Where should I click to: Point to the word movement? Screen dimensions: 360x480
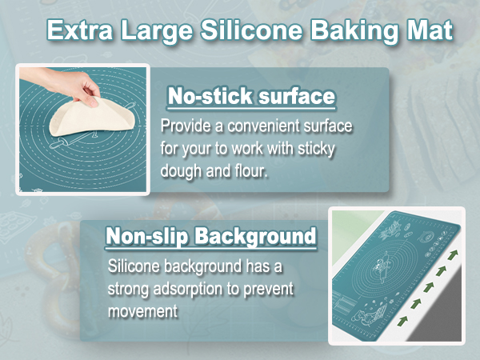click(142, 310)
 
